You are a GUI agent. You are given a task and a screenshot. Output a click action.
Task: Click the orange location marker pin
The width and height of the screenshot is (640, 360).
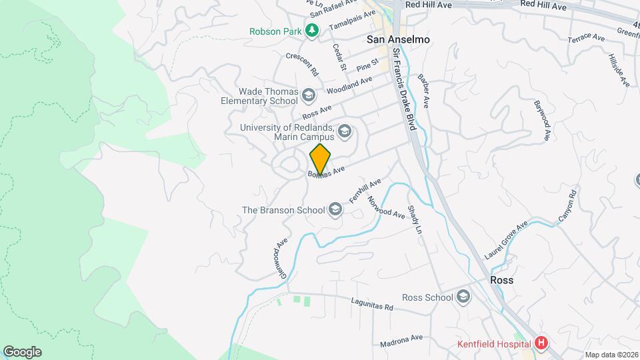click(x=320, y=159)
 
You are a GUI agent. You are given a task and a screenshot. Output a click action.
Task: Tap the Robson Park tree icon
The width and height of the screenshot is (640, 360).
click(x=311, y=31)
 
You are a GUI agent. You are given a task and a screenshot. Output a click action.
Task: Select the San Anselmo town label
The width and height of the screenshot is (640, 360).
click(x=398, y=40)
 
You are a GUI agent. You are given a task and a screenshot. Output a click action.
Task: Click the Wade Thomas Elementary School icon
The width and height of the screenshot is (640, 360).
click(x=308, y=96)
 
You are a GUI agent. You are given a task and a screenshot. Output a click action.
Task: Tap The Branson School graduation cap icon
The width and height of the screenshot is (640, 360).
click(x=335, y=211)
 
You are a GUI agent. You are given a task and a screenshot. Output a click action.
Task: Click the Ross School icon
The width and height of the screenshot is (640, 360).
click(x=463, y=297)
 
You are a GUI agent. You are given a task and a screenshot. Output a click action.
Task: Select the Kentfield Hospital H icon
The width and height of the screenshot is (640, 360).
click(x=541, y=344)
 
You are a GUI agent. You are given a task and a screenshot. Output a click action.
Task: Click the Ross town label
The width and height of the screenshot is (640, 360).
click(x=501, y=280)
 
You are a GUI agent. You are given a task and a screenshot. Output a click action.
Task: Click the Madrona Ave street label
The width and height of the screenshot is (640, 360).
click(x=401, y=341)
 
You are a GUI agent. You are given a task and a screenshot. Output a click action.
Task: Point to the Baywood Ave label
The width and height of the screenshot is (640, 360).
click(x=543, y=121)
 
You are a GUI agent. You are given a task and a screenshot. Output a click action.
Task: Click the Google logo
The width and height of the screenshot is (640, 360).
click(x=22, y=351)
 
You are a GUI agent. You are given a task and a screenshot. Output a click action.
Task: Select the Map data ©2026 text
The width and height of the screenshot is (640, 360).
click(x=611, y=355)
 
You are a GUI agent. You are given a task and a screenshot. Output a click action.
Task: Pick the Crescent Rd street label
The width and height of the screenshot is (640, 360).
click(x=303, y=63)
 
